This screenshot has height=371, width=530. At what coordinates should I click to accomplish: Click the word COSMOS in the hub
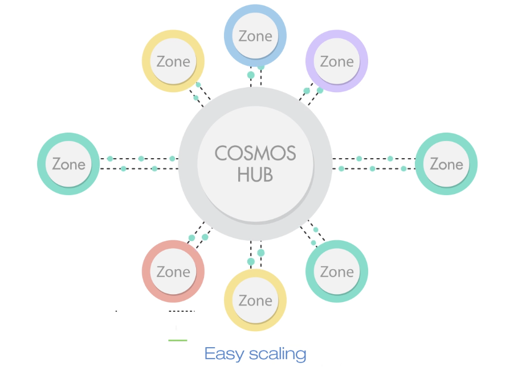coord(255,154)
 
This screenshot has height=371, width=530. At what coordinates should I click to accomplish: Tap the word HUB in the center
coord(255,175)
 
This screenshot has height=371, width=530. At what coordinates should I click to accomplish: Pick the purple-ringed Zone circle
coord(337,61)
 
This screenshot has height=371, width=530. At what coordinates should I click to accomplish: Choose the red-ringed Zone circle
coord(173,271)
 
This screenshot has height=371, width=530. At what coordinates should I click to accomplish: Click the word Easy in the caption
coord(223,353)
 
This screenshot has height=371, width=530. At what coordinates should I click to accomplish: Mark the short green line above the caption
coord(178,340)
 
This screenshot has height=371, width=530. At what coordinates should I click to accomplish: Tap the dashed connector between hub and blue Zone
coord(255,77)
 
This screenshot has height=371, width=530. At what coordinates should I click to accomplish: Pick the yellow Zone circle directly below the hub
coord(255,300)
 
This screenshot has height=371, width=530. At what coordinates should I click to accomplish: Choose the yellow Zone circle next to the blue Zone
coord(173,61)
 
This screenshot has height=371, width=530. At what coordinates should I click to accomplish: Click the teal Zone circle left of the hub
coord(69,164)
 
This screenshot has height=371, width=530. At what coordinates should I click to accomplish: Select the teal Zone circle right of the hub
coord(446,164)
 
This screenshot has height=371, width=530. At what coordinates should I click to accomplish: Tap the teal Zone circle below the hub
coord(337,271)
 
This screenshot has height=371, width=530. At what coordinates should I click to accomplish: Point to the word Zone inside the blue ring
coord(255,36)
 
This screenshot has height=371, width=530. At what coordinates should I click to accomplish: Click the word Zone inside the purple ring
coord(337,61)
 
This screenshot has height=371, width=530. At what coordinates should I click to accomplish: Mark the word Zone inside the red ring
coord(173,272)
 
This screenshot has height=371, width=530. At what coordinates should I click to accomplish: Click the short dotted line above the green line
coord(182,311)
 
